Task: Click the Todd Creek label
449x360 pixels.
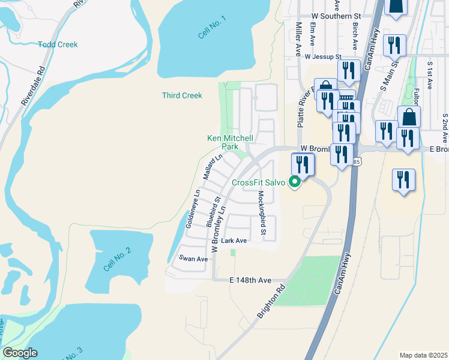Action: (x=58, y=44)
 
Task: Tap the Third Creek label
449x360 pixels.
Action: (x=182, y=95)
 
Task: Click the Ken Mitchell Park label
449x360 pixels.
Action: (x=231, y=142)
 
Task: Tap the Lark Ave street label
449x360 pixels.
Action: (x=234, y=241)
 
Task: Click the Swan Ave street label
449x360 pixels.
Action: (x=193, y=259)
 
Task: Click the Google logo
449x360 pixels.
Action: (x=20, y=353)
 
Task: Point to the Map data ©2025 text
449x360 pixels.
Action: (x=423, y=355)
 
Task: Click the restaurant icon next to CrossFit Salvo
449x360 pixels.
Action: (x=303, y=164)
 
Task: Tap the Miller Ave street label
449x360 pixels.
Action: (x=298, y=40)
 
